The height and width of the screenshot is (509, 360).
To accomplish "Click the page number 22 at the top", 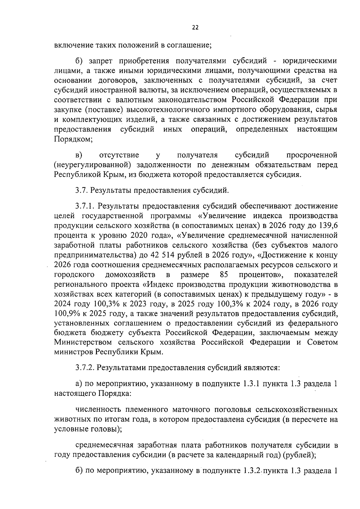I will [x=195, y=28].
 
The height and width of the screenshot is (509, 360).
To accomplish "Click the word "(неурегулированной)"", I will [x=93, y=165].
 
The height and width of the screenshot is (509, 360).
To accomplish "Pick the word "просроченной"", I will [x=312, y=155].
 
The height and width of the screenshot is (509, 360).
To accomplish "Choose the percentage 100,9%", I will [x=66, y=314].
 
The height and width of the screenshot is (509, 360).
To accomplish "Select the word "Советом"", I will [x=322, y=342].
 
